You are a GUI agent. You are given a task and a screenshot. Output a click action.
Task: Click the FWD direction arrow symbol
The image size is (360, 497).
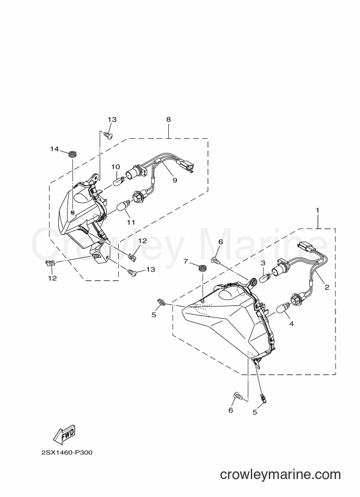pyautogui.click(x=64, y=434)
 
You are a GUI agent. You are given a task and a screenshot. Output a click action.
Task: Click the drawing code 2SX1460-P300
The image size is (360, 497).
pyautogui.click(x=67, y=452)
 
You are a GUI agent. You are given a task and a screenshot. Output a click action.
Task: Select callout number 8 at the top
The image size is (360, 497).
pyautogui.click(x=168, y=119)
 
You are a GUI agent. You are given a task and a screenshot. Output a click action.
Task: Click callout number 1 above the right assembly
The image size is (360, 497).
pyautogui.click(x=318, y=210)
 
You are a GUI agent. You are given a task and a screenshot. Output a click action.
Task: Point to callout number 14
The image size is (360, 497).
pyautogui.click(x=54, y=149)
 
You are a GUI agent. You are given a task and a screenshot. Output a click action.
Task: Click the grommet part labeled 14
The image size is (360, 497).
pyautogui.click(x=73, y=155)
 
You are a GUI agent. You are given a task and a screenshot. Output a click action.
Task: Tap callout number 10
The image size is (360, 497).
pyautogui.click(x=115, y=167)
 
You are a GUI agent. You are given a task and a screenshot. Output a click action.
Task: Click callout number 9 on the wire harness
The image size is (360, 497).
pyautogui.click(x=174, y=180)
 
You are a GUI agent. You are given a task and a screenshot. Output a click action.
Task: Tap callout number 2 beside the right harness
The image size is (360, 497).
pyautogui.click(x=327, y=287)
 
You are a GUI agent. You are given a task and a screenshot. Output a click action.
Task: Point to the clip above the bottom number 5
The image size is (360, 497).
pyautogui.click(x=263, y=397)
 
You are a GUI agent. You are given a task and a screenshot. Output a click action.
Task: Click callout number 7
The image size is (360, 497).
pyautogui.click(x=186, y=261)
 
